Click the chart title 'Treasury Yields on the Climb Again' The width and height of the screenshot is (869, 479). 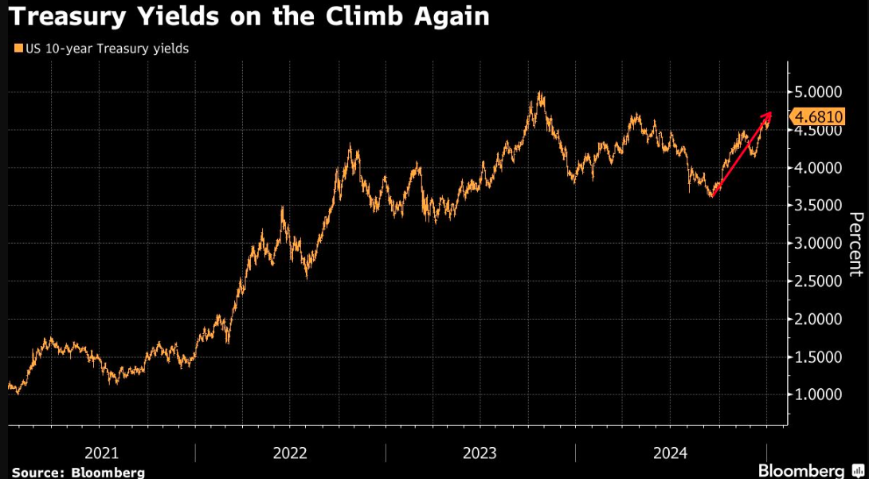point(249,17)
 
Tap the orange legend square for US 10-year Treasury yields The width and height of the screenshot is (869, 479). point(18,49)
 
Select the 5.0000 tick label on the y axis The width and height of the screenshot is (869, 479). point(818,92)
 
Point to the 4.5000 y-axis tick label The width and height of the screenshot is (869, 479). point(818,131)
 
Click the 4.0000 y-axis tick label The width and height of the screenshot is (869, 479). point(818,168)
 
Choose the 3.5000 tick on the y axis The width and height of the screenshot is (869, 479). point(818,206)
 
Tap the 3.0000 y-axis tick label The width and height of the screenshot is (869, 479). point(818,243)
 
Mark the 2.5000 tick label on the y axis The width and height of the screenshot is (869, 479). point(818,281)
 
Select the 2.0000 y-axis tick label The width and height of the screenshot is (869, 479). point(818,319)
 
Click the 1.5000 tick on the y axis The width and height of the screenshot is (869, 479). point(818,357)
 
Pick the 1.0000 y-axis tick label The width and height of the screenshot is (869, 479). point(818,395)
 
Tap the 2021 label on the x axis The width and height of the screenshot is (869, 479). point(101,453)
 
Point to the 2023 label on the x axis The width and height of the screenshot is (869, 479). point(480,453)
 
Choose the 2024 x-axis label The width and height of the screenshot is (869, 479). point(670,453)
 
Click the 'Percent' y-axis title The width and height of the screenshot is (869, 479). point(855,244)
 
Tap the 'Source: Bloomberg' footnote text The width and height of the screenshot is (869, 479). point(78,472)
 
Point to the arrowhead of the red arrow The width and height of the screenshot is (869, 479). point(769,116)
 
